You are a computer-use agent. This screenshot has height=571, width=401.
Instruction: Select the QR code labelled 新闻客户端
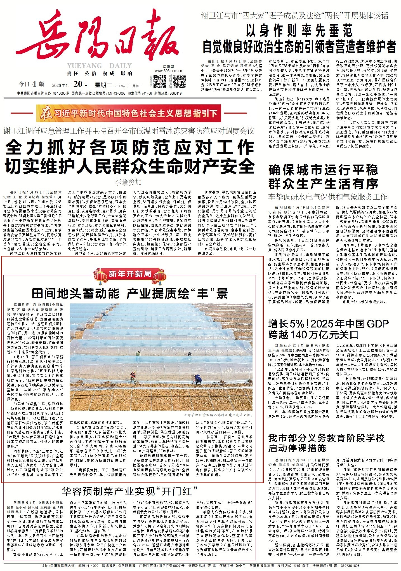tap(179, 81)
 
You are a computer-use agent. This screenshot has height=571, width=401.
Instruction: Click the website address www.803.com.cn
tap(168, 71)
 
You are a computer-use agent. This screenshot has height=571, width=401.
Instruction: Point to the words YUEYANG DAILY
tap(99, 66)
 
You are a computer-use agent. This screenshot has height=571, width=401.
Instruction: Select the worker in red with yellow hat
tap(133, 377)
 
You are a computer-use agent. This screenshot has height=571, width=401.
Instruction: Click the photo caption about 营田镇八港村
tap(219, 415)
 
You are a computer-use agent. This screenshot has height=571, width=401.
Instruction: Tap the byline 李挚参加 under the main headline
tap(128, 182)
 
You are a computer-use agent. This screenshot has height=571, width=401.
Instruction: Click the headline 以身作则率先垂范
tap(299, 31)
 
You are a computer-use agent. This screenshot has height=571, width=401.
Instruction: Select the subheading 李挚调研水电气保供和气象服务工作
tap(328, 196)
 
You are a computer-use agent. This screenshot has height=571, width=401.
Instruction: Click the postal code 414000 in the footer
tap(93, 565)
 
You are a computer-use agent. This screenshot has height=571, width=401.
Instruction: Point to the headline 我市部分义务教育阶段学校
tap(326, 438)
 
